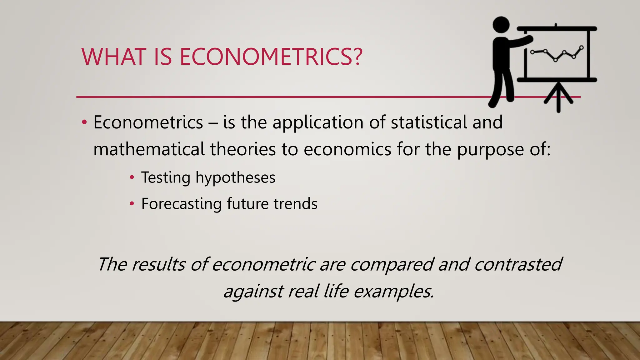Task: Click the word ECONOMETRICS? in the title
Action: (x=271, y=57)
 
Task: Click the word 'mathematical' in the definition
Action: (x=149, y=149)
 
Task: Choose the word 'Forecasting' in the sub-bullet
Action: (x=181, y=204)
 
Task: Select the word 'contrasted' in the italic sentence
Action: (x=518, y=264)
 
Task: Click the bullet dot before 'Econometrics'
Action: (x=84, y=122)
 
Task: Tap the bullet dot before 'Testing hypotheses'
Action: (x=132, y=177)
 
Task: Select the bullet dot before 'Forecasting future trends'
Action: (x=132, y=204)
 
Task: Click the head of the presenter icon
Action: (x=501, y=25)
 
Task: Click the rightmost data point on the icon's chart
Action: (x=581, y=47)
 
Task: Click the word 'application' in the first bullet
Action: (x=318, y=122)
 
